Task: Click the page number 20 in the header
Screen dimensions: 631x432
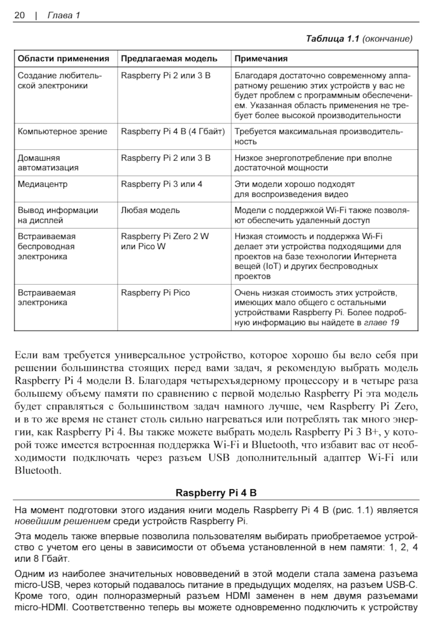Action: click(19, 16)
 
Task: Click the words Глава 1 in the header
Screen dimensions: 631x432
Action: click(64, 16)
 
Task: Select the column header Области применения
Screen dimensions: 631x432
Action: click(64, 59)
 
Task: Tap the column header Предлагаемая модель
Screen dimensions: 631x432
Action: click(169, 59)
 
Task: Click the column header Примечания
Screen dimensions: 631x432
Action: click(261, 59)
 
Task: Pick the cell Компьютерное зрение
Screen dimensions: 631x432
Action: click(63, 132)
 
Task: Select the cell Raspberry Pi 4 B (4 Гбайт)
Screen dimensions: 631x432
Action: click(173, 132)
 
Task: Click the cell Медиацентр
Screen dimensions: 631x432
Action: click(43, 184)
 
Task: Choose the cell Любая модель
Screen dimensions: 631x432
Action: click(150, 210)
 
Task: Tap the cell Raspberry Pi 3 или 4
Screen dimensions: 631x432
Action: click(162, 184)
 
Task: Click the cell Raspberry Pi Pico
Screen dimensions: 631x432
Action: click(156, 293)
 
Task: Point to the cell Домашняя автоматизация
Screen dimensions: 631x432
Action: click(48, 163)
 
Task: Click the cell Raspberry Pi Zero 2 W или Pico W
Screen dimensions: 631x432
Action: click(165, 241)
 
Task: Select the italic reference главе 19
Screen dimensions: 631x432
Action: click(382, 323)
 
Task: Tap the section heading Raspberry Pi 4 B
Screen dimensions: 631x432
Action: click(216, 493)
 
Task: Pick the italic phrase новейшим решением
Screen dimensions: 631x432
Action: click(63, 521)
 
